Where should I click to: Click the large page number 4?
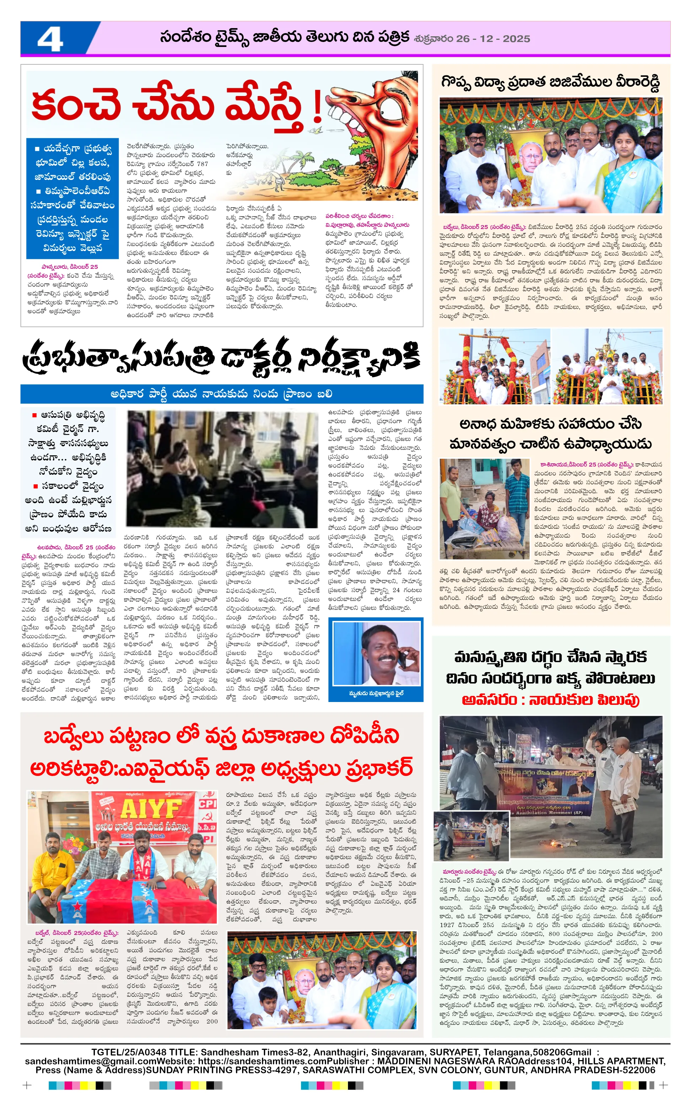point(50,39)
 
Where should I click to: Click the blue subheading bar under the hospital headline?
point(222,394)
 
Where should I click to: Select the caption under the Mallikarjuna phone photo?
point(376,693)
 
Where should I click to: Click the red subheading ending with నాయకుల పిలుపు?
point(550,700)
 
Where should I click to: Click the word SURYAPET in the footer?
point(454,1052)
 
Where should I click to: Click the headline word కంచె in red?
point(75,104)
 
